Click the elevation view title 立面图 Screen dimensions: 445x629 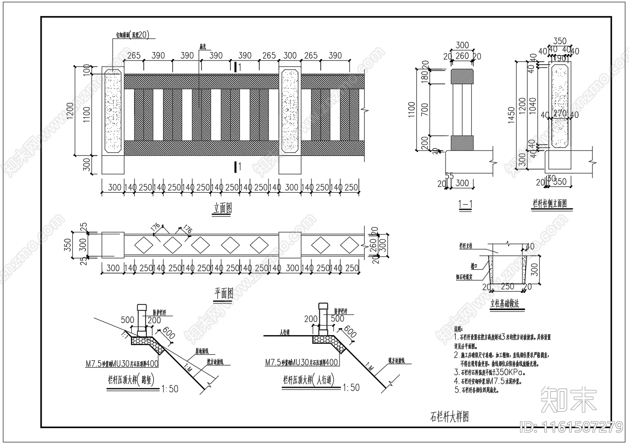click(x=223, y=209)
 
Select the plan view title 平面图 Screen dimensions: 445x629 click(x=224, y=293)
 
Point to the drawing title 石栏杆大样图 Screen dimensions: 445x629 click(x=450, y=417)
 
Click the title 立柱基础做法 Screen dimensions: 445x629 click(x=505, y=304)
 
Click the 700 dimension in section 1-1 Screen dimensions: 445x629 click(x=425, y=109)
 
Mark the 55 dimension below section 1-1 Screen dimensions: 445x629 click(x=449, y=176)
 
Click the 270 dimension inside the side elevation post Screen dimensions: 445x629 click(x=559, y=113)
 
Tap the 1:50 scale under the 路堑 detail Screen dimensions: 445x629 click(x=170, y=389)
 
